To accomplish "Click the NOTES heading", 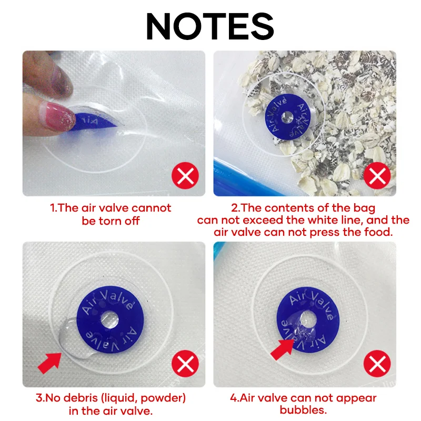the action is pyautogui.click(x=210, y=26).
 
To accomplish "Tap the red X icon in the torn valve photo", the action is pyautogui.click(x=185, y=176).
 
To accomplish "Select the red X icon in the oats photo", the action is pyautogui.click(x=377, y=176).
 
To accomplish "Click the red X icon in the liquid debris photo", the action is pyautogui.click(x=185, y=364).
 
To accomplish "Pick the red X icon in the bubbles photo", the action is pyautogui.click(x=377, y=364).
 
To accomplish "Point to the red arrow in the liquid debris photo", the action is pyautogui.click(x=50, y=363).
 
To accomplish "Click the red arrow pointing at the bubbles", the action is pyautogui.click(x=283, y=349).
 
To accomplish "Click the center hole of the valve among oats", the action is pyautogui.click(x=287, y=117).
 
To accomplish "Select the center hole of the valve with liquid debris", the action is pyautogui.click(x=110, y=319).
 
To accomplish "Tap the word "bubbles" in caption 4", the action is pyautogui.click(x=303, y=410).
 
